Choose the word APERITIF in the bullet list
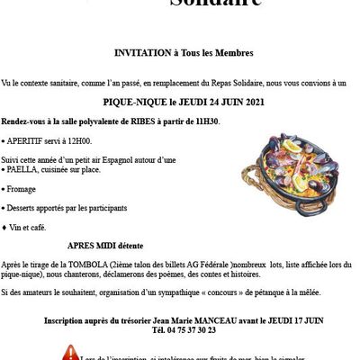(27, 141)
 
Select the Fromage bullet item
(24, 189)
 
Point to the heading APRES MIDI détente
(105, 244)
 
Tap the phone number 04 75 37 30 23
(184, 330)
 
